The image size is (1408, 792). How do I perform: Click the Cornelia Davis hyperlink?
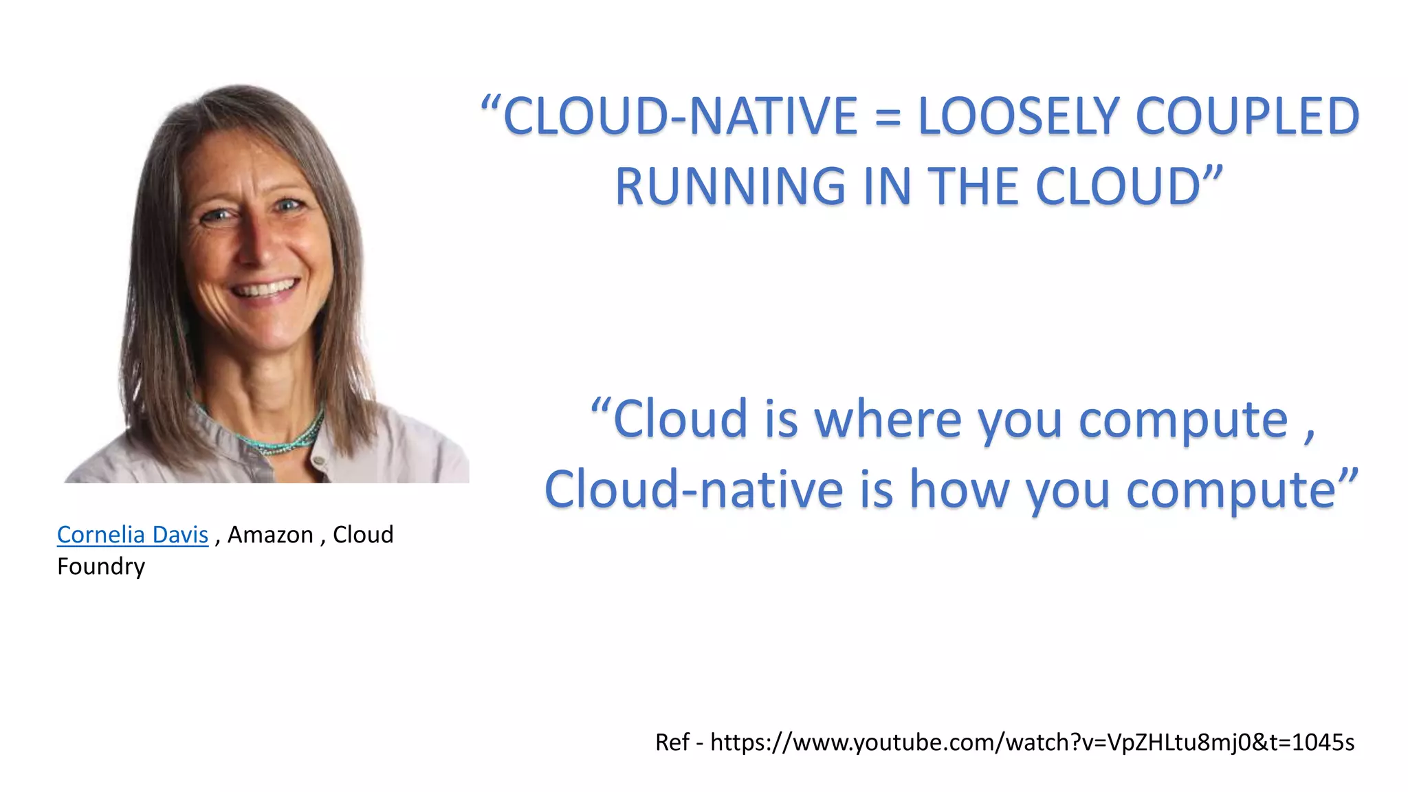pos(132,535)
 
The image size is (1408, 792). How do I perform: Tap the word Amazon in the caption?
pos(270,535)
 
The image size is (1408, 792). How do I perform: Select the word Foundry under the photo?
pos(101,566)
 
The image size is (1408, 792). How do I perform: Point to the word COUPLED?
pos(1247,116)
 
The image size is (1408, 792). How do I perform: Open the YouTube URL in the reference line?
pos(1032,742)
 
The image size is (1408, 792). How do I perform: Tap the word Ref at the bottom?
pos(672,742)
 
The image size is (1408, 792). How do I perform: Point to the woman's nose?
pos(258,247)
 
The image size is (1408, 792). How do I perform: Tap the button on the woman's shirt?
pos(318,460)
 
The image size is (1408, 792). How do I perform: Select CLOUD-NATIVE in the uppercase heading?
pos(681,116)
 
